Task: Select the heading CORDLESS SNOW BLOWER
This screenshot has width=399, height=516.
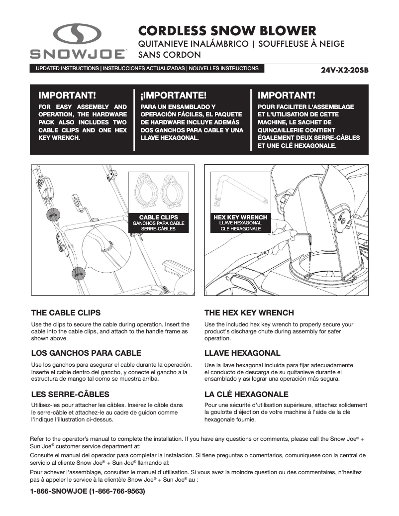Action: [x=227, y=30]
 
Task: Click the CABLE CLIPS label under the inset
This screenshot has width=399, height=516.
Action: [x=158, y=217]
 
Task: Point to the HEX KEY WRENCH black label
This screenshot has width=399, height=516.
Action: [x=240, y=217]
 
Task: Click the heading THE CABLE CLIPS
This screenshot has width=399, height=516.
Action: [x=66, y=313]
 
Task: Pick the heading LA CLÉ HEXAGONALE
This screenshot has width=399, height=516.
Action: [x=246, y=394]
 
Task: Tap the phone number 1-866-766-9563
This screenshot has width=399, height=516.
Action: [x=116, y=491]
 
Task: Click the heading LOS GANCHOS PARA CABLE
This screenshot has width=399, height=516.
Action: [x=86, y=353]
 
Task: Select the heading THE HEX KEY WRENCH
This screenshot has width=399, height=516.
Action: [x=249, y=313]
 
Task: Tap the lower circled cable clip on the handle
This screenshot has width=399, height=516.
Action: [x=77, y=273]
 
